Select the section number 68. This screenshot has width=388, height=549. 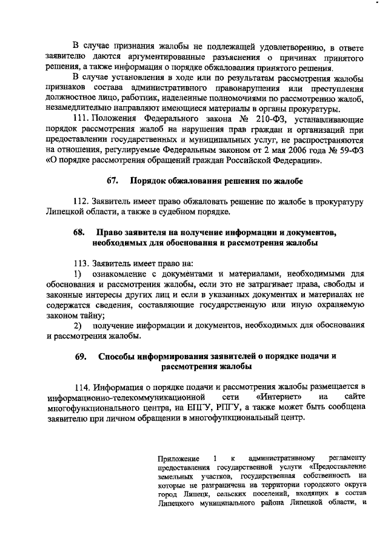point(79,233)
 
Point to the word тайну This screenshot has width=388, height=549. point(94,315)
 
